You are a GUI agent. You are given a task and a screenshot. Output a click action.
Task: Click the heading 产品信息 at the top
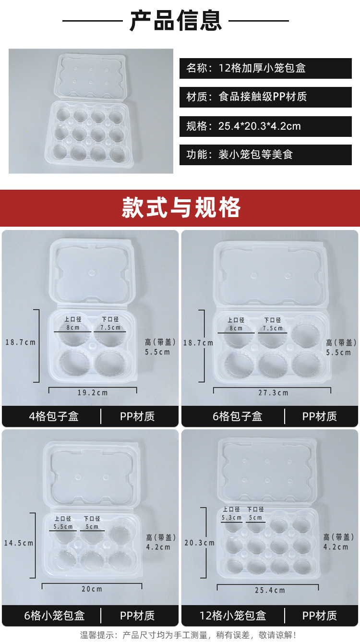176,21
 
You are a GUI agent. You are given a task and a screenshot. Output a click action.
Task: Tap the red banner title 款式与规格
181,207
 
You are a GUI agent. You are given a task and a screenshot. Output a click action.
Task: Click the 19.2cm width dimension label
93,393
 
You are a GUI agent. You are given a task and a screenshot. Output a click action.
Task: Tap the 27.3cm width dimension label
273,393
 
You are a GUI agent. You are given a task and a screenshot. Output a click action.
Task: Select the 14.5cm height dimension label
19,543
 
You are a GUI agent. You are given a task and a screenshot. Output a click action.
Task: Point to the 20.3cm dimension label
199,543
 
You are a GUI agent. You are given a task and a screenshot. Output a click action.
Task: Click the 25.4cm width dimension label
270,590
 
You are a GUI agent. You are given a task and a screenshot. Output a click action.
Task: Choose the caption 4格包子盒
54,416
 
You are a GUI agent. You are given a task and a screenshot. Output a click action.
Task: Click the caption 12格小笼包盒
233,616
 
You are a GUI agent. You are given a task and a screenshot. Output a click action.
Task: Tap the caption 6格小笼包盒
54,616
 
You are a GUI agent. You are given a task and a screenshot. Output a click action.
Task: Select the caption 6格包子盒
237,416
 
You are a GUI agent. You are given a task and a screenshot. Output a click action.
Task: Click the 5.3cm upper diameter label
231,518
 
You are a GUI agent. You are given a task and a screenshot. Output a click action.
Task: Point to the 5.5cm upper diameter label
63,527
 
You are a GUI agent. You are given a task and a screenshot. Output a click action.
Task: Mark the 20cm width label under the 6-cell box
92,589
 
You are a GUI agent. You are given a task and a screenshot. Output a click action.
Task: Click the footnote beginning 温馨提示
188,634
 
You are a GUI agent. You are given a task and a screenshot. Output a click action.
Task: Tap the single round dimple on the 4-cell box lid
92,273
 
